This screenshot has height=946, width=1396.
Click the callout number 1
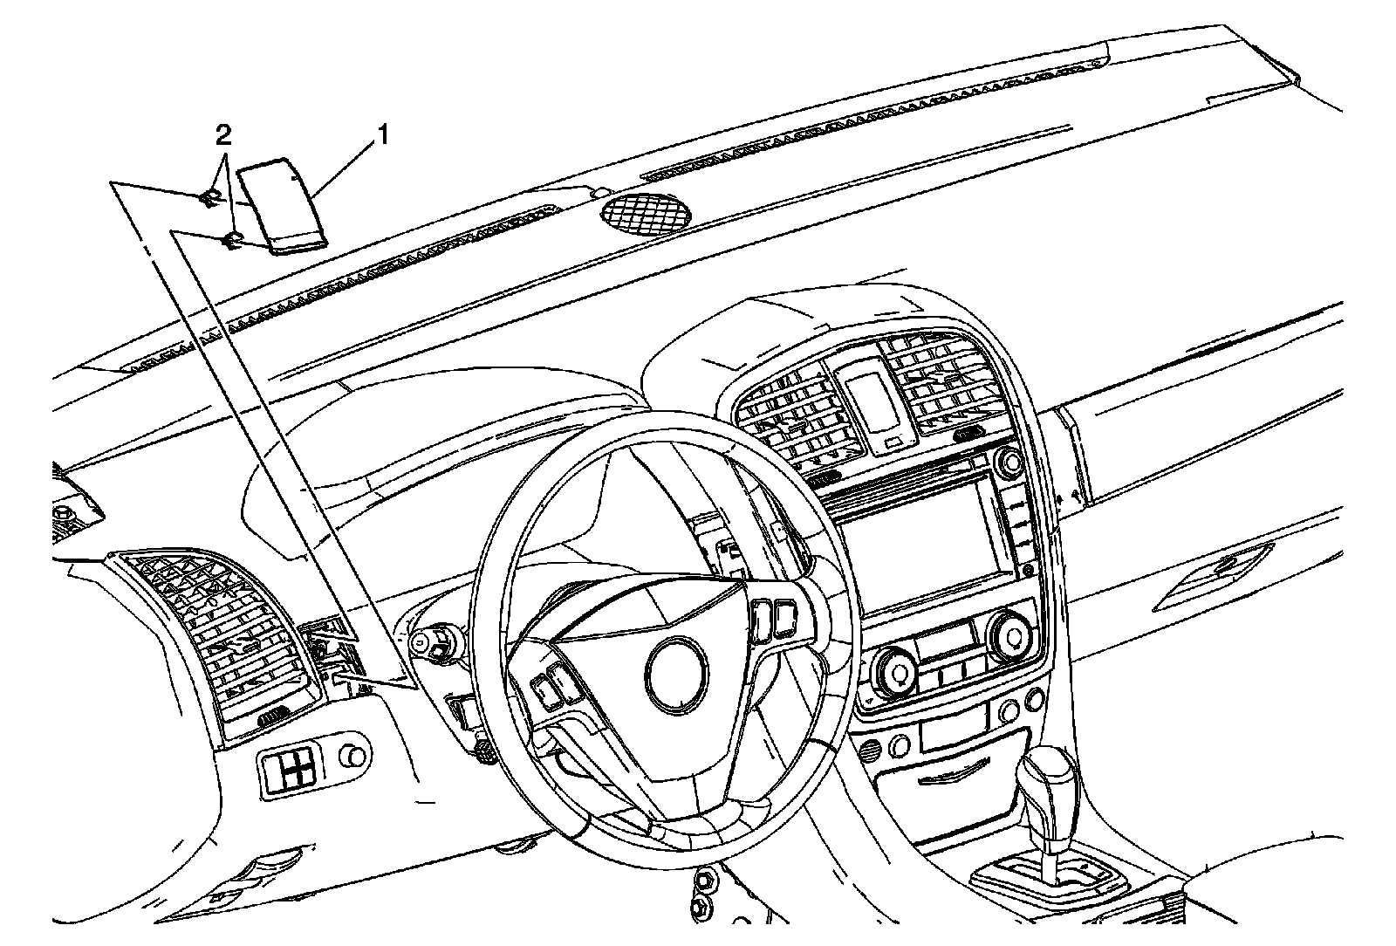pyautogui.click(x=381, y=135)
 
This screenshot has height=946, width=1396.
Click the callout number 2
pyautogui.click(x=224, y=135)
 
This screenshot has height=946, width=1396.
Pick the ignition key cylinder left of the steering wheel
pyautogui.click(x=421, y=643)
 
